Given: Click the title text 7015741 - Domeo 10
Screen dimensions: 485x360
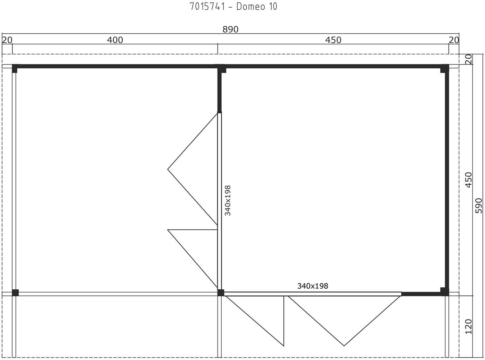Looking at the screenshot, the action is coord(233,7).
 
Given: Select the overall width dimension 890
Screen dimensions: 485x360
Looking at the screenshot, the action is coord(230,29).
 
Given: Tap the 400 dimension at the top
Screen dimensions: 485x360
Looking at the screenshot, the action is coord(115,40).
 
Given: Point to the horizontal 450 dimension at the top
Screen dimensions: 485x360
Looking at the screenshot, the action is coord(333,40).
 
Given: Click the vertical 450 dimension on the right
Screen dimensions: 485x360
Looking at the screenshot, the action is coord(469,180).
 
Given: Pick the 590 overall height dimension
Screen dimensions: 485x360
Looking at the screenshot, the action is coord(479,205).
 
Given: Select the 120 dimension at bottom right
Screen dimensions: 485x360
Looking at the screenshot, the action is coord(469,326).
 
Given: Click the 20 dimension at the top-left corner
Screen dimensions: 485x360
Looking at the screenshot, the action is coord(7,40).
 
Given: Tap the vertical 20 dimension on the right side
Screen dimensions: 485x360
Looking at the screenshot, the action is coord(469,59).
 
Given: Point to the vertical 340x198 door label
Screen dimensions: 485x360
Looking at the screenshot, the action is coord(228,201).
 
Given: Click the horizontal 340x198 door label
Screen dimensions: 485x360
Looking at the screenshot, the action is coord(313,286).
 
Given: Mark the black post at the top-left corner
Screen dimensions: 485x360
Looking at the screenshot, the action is coord(15,69).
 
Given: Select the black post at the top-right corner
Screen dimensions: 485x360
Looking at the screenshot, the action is coord(444,69).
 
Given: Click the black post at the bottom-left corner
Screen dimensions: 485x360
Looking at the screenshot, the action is coord(15,293).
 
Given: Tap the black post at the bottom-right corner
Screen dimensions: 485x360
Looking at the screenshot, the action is coord(444,292).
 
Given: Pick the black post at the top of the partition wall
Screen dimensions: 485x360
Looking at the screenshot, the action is coord(220,69).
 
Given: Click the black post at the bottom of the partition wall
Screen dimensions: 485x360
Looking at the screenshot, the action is coord(221,293).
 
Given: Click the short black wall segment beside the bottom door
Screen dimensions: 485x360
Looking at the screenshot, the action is coord(421,294).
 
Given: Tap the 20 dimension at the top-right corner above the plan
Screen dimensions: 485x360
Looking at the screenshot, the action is coord(454,40).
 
